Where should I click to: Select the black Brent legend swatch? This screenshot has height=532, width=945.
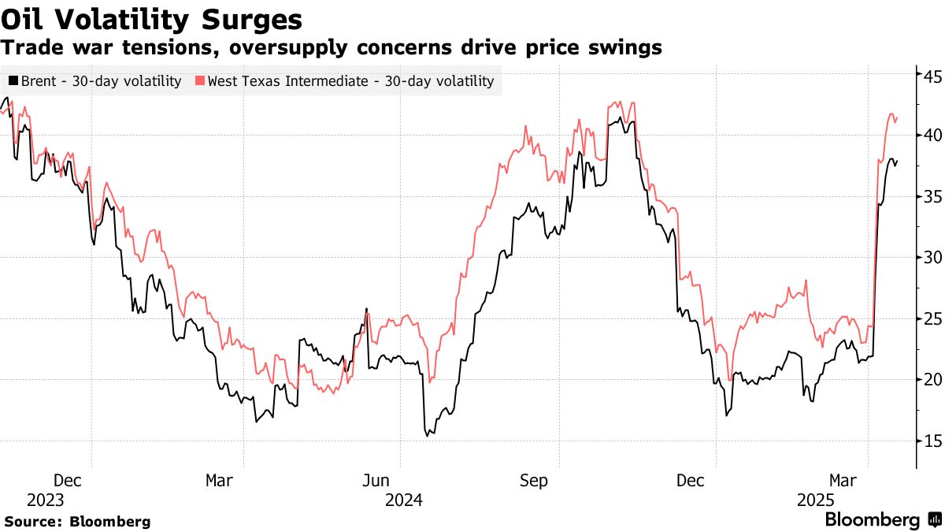point(13,80)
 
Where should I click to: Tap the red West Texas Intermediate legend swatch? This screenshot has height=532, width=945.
point(200,80)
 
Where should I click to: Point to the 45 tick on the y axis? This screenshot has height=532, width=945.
point(933,76)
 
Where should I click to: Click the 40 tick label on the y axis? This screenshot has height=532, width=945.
point(933,135)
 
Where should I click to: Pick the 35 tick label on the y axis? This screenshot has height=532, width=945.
point(933,196)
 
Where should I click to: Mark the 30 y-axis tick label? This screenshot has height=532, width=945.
point(933,258)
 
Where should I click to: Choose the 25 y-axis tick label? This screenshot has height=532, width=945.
point(933,318)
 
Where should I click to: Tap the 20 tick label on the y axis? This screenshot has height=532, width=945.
point(933,380)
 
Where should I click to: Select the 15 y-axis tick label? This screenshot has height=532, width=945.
point(933,441)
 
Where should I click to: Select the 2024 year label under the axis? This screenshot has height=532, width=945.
point(403,500)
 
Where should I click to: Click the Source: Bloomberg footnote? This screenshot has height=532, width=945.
point(77,521)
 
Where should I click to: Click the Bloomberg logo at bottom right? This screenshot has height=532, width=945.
point(882,520)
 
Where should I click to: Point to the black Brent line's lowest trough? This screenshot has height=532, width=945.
point(428,435)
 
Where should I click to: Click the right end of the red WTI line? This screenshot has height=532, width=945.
point(898,117)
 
